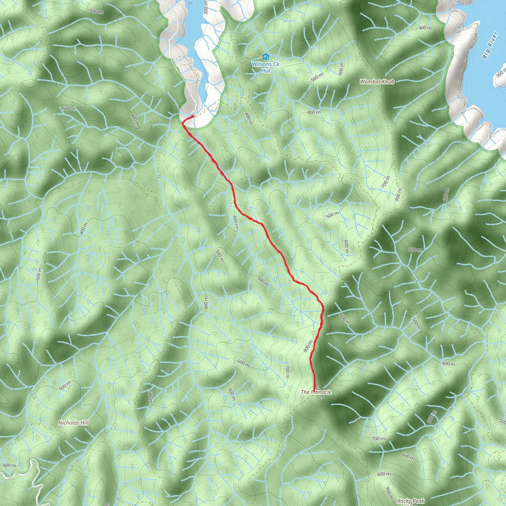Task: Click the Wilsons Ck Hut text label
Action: click(266, 67)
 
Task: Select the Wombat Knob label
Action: click(377, 82)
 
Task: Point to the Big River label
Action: click(489, 45)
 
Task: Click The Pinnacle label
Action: click(316, 392)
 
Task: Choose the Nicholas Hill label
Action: click(73, 423)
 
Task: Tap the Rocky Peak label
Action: click(410, 501)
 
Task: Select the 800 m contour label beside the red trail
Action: click(308, 346)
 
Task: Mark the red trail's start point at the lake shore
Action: click(193, 116)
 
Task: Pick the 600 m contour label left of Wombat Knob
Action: click(341, 69)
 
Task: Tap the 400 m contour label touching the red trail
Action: click(235, 222)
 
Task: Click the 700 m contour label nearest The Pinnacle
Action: click(287, 372)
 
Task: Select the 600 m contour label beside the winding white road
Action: click(9, 465)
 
